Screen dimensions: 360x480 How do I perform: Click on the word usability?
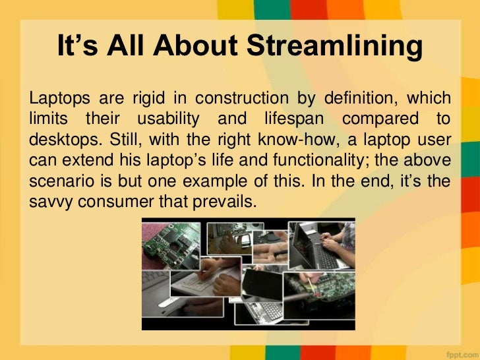(x=167, y=120)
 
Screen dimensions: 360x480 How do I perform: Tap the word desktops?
(x=59, y=140)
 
